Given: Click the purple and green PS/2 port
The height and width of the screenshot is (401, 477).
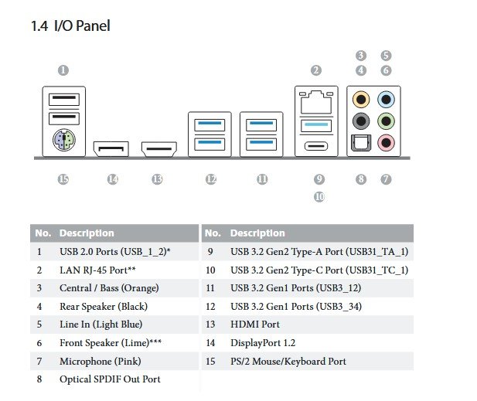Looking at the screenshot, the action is coord(63,141).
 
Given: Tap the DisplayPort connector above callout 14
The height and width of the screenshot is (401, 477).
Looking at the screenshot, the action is coord(111,148).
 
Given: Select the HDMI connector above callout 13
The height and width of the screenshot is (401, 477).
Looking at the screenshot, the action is coord(158,148).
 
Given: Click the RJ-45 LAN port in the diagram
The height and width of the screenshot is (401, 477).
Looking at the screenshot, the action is coord(315,101).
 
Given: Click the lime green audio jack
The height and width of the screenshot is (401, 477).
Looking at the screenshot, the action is coord(386,121).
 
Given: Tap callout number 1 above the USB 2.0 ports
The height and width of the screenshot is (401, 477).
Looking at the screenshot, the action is coord(63,70).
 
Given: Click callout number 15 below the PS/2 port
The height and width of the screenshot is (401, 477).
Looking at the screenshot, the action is coord(63,179).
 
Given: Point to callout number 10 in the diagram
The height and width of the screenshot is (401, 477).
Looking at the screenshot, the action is coord(319,197).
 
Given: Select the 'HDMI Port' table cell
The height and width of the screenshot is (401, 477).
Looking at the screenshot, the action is coord(255,325).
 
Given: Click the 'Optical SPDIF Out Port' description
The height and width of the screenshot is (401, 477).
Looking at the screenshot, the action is coord(110,379).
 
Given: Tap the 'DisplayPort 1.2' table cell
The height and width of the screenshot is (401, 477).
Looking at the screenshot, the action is coord(263,343).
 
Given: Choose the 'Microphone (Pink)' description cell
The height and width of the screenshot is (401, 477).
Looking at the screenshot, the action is coord(101,362).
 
